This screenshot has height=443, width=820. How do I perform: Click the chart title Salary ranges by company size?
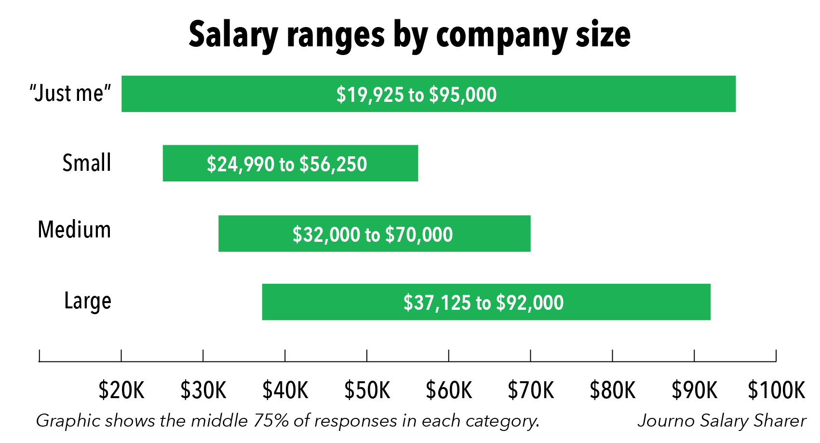pos(409,35)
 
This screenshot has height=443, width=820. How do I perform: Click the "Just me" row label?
pos(70,93)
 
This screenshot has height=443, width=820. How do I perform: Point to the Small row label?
pos(87,163)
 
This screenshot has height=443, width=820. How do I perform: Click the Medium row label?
pos(74,229)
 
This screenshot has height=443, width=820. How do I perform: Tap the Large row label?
pos(88,301)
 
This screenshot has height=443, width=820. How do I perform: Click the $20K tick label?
pos(121,390)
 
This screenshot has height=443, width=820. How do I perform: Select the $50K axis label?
pos(367,390)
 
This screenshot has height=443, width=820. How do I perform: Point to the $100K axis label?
pos(776,390)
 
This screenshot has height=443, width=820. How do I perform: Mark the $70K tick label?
pos(531,390)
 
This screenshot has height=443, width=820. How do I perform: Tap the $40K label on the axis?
pos(285,390)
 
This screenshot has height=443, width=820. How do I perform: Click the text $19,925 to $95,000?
pos(417,95)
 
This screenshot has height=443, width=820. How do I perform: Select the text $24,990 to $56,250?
pos(287,164)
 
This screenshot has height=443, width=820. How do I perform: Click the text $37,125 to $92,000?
pos(484,303)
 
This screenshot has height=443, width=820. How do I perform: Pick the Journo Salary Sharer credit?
pos(722,421)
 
